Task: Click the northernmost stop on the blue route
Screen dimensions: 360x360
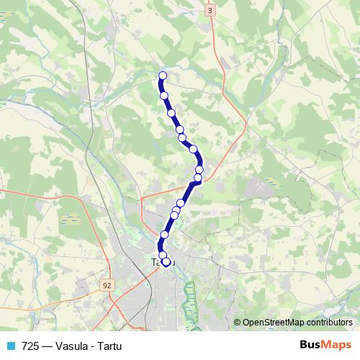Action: (x=163, y=76)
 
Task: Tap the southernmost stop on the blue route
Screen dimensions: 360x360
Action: (x=166, y=263)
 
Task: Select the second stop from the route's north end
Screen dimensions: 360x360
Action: (x=164, y=95)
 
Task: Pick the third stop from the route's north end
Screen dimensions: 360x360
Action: (x=171, y=112)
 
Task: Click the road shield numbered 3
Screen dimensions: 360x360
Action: (x=210, y=12)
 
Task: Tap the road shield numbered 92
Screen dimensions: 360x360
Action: (x=107, y=285)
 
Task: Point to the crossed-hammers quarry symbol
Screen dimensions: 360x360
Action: (x=258, y=185)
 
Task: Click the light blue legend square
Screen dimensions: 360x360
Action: (x=11, y=345)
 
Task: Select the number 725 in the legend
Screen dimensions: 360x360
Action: (x=30, y=345)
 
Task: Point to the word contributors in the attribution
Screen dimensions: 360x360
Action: (x=331, y=322)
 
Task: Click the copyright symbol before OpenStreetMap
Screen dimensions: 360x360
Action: (x=238, y=322)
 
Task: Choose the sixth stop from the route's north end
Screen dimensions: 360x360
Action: (x=193, y=149)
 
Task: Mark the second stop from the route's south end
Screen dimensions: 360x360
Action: (x=163, y=255)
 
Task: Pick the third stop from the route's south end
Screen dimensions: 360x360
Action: (x=164, y=235)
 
